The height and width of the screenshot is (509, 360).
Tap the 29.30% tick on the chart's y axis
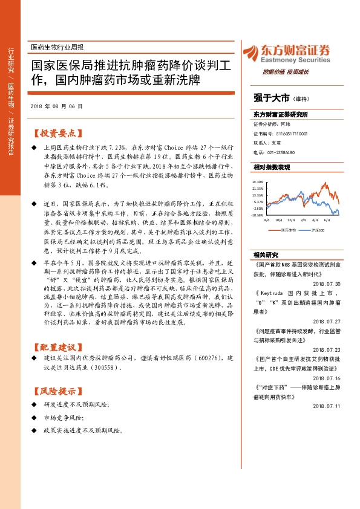[x=257, y=181]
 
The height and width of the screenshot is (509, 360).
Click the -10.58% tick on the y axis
[x=257, y=215]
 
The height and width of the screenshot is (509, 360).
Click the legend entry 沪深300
[x=319, y=230]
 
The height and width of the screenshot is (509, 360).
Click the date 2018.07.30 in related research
[x=327, y=283]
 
